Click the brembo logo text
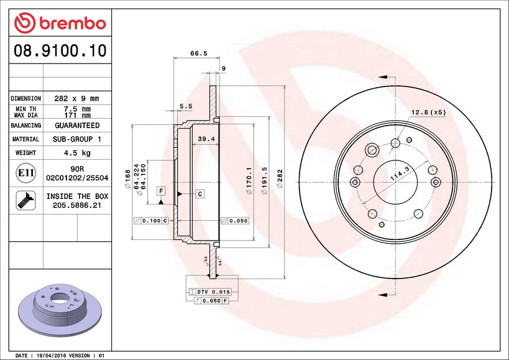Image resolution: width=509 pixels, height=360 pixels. (x=73, y=24)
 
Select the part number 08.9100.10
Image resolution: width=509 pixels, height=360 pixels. (x=60, y=50)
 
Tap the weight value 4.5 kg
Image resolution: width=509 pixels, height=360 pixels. (x=77, y=153)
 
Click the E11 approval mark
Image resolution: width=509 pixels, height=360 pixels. (x=25, y=173)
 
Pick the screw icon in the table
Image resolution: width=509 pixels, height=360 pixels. (x=25, y=200)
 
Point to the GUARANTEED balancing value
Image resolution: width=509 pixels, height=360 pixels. (x=77, y=126)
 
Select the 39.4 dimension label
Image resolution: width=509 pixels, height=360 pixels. (x=206, y=139)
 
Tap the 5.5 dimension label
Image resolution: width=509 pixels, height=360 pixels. (x=186, y=106)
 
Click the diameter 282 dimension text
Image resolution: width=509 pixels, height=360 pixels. (x=280, y=178)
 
